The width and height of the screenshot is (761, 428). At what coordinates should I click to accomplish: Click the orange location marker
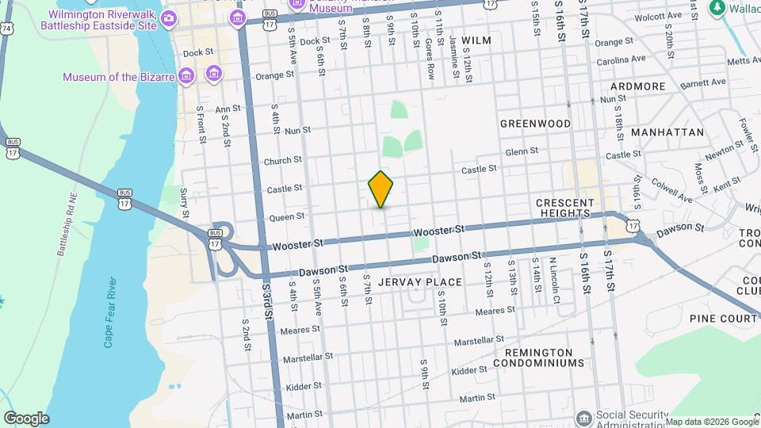[381, 189]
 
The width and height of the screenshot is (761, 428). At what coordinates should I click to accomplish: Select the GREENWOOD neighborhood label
[536, 124]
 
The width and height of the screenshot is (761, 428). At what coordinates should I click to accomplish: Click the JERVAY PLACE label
[420, 282]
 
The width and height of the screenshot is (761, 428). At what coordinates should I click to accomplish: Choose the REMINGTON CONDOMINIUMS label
[538, 357]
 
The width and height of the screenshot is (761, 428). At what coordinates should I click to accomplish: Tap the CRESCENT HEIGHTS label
[564, 208]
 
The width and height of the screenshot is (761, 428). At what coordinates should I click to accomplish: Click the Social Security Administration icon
[583, 418]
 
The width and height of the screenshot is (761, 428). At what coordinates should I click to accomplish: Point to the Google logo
[26, 418]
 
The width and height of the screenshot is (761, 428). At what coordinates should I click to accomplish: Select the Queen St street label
[287, 216]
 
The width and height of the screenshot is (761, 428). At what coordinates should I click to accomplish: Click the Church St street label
[283, 160]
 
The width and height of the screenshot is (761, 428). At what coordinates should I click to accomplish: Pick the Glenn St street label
[522, 151]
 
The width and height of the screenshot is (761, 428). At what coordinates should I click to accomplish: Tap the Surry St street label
[184, 203]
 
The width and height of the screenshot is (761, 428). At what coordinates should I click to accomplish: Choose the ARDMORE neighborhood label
[638, 86]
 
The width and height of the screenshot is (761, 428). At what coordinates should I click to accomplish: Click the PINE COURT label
[723, 318]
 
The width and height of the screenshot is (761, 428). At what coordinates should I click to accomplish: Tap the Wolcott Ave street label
[658, 16]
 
